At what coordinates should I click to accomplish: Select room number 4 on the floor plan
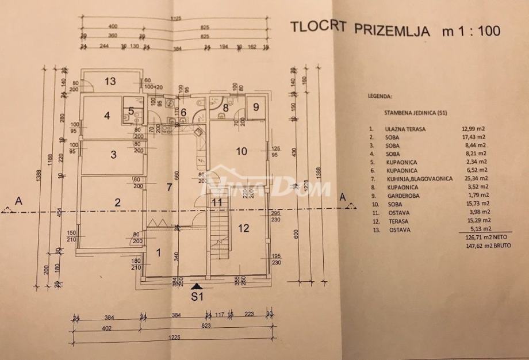[x=106, y=115]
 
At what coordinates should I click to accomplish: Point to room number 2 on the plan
[x=117, y=202]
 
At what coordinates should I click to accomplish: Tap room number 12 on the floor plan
[x=243, y=228]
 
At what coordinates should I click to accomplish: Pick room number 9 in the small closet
[x=255, y=106]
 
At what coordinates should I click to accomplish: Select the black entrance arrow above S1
[x=197, y=285]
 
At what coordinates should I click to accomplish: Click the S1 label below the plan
[x=197, y=298]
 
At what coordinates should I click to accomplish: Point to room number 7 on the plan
[x=169, y=187]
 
